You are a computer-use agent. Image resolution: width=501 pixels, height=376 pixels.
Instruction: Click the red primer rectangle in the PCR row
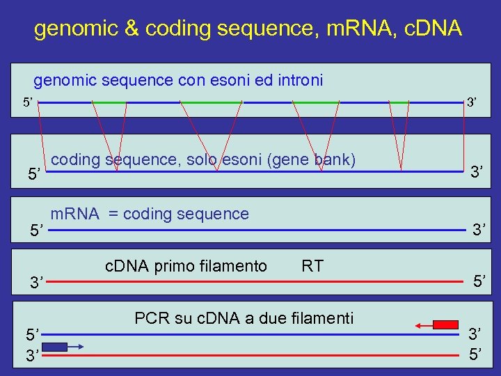[446, 324]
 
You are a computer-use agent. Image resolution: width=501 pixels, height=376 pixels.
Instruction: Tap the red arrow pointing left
[422, 324]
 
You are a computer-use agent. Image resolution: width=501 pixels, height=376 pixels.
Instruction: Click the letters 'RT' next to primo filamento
[312, 266]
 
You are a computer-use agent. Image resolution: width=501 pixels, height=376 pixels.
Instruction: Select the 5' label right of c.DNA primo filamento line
[478, 281]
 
